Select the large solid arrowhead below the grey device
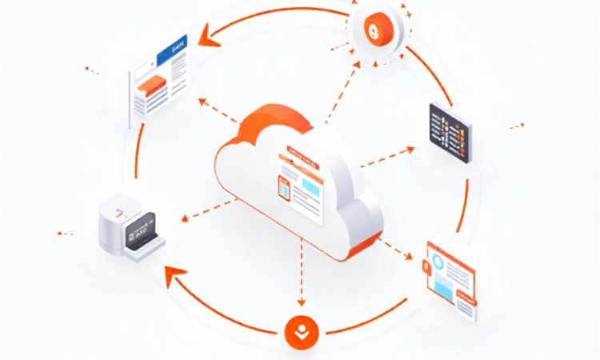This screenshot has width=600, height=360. pos(170,277)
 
